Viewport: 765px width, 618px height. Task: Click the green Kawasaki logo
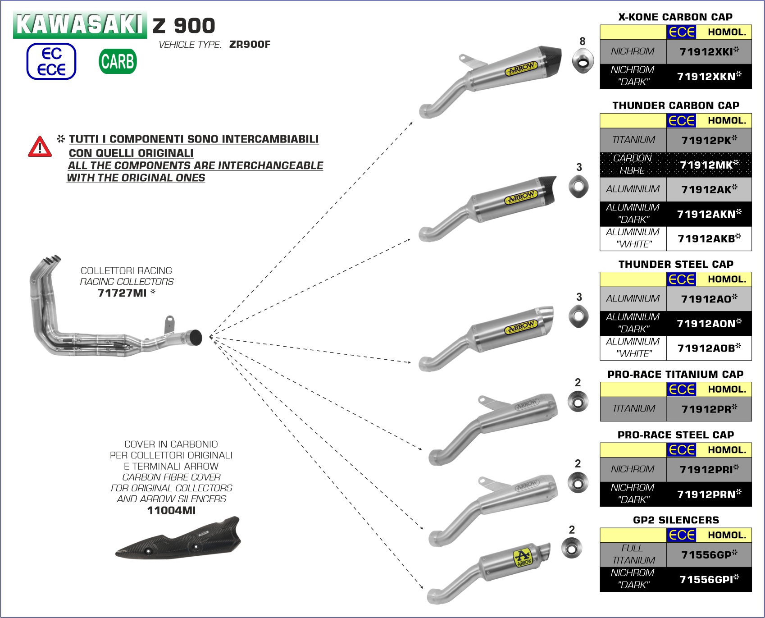[80, 25]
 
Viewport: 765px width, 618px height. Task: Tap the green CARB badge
[118, 61]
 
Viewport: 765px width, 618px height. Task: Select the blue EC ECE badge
[51, 61]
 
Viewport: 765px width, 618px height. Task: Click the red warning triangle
[40, 147]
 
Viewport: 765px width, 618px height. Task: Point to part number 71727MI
[122, 293]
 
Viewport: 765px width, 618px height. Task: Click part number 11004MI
[171, 510]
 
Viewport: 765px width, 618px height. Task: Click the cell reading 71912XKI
[709, 51]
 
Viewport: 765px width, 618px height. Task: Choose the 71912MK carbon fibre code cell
[709, 165]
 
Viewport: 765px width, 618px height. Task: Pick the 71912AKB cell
[709, 238]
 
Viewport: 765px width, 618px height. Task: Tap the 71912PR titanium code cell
[709, 409]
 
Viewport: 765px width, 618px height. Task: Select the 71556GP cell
[709, 554]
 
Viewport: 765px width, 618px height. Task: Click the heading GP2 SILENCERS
[676, 520]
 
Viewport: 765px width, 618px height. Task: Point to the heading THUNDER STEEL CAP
[676, 264]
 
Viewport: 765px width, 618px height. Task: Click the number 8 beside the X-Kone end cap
[582, 41]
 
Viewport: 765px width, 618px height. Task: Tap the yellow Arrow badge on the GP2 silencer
[524, 558]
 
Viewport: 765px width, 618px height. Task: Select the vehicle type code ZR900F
[250, 44]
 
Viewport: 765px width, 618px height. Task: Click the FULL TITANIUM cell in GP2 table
[633, 554]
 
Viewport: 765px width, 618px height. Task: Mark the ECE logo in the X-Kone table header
[682, 32]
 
